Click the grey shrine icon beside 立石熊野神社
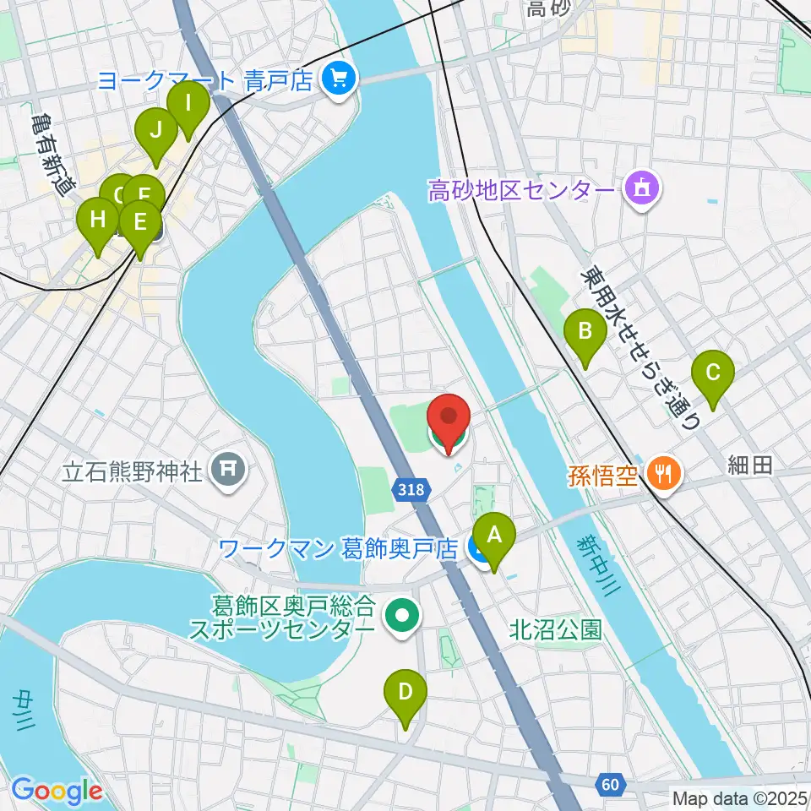pyautogui.click(x=229, y=469)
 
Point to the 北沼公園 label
pyautogui.click(x=555, y=629)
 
